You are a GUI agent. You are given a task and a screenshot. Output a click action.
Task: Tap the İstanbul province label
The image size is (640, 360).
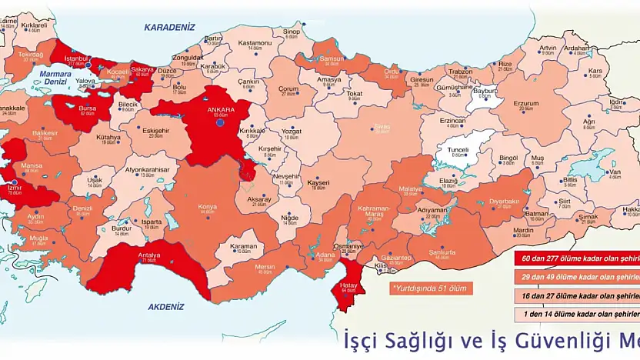pos(78,58)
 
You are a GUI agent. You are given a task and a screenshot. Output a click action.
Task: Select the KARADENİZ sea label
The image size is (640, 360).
pos(170,27)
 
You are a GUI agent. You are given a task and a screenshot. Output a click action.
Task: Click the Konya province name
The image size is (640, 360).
pos(207,207)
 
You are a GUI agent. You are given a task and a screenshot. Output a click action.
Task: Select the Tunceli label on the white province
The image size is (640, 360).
pos(458,149)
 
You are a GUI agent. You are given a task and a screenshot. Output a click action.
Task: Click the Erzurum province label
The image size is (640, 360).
pos(526,103)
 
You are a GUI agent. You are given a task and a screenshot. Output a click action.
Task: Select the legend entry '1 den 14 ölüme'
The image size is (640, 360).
pos(578,313)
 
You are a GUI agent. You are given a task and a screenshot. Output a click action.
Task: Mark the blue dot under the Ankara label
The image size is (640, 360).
pos(219,122)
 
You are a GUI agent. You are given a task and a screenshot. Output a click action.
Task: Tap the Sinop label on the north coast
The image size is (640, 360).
pos(292,32)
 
